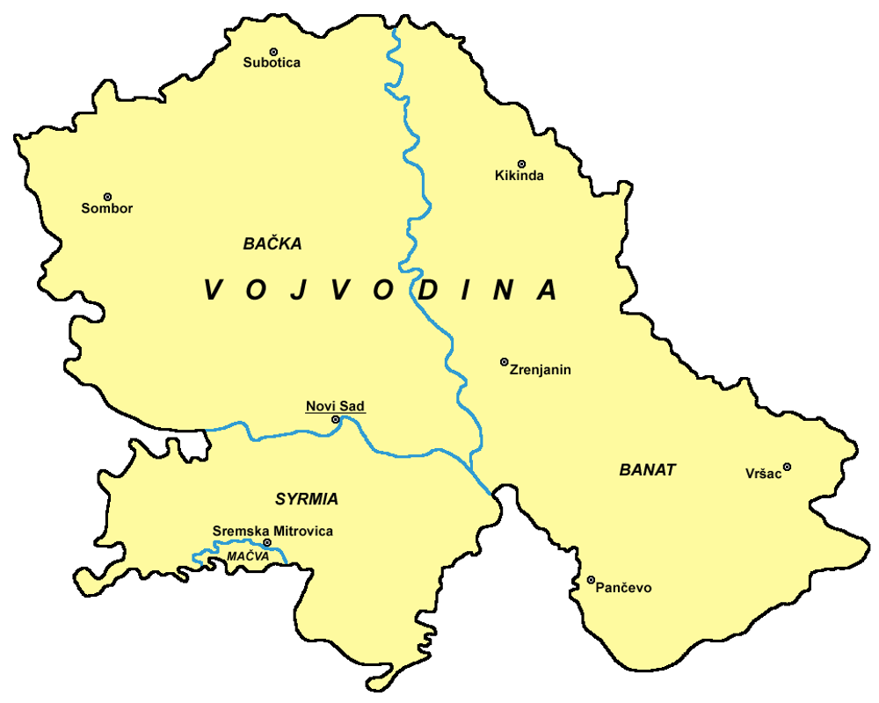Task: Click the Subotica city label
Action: [272, 63]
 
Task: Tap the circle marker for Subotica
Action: [273, 51]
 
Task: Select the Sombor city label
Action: [107, 209]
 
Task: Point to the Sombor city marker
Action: [107, 197]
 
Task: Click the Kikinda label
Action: [519, 176]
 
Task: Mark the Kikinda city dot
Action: [521, 163]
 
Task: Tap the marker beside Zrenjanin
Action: [504, 361]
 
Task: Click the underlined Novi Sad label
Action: [335, 406]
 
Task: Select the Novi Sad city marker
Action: [336, 420]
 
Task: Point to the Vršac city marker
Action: [787, 467]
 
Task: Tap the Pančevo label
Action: [623, 588]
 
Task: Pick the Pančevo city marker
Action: [591, 579]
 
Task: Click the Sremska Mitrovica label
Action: [272, 532]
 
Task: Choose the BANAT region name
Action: [648, 470]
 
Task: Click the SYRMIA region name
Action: [306, 499]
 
